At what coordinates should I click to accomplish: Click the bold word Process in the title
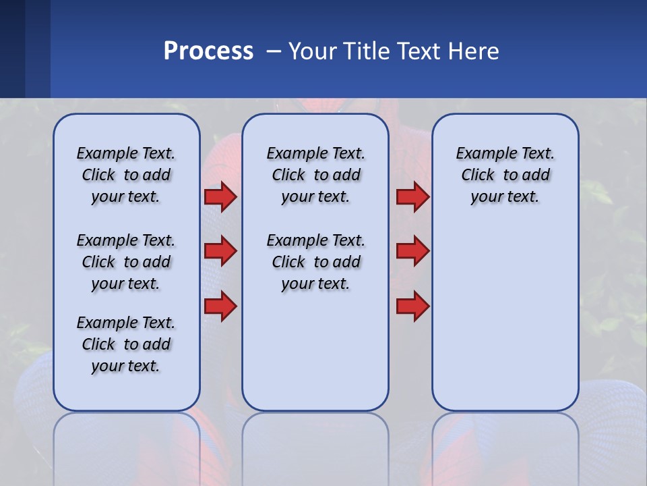208,51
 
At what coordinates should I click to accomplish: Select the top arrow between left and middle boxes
220,197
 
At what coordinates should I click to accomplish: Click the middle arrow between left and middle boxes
220,251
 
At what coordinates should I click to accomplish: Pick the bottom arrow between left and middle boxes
220,306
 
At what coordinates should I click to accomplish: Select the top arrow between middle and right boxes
412,197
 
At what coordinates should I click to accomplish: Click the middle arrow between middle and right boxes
412,251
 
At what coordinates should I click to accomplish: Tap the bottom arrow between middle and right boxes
412,306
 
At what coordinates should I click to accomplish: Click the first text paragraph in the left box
126,175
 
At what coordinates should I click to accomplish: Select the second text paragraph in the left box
126,262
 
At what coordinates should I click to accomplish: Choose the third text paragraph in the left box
126,344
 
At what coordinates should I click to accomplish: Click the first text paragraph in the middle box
315,175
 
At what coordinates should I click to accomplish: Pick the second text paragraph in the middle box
315,262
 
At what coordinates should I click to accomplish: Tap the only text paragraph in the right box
505,175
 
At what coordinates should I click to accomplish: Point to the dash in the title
274,52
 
